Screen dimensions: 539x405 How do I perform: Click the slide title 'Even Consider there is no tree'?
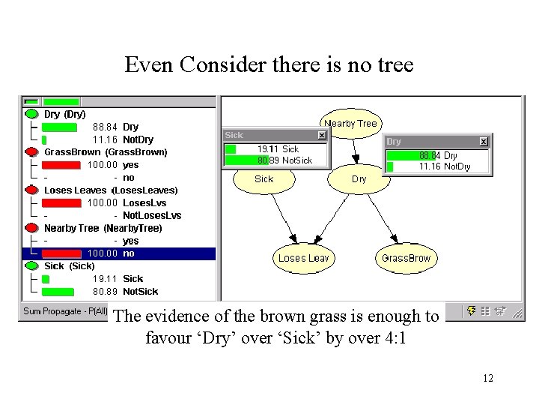tap(269, 65)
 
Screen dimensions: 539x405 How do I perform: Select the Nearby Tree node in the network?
tap(350, 123)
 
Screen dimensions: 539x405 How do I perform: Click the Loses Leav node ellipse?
tap(303, 258)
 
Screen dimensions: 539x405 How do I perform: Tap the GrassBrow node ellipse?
tap(406, 258)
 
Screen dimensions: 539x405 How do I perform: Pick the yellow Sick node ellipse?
tap(264, 179)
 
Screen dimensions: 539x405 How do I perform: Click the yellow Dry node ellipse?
tap(359, 179)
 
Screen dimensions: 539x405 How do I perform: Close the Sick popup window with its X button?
tap(321, 135)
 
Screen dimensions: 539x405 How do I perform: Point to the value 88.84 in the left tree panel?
tap(105, 127)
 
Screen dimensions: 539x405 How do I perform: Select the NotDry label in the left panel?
tap(138, 139)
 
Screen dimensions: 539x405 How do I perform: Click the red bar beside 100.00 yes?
tap(61, 165)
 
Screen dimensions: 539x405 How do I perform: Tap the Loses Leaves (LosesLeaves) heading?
tap(111, 190)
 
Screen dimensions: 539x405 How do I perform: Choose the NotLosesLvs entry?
tap(151, 215)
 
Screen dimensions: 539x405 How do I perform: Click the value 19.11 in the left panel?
tap(105, 279)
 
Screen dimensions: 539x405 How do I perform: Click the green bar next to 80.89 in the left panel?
tap(58, 292)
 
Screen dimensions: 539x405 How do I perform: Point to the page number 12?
tap(488, 378)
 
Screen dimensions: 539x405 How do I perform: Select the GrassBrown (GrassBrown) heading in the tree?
tap(106, 152)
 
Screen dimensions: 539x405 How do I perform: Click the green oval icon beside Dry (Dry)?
tap(31, 114)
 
